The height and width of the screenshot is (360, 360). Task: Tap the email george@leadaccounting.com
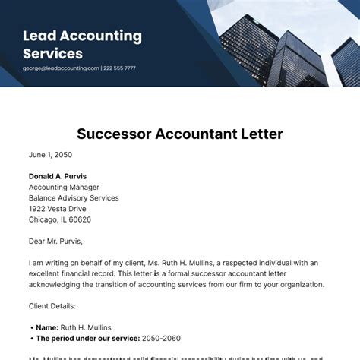click(x=62, y=68)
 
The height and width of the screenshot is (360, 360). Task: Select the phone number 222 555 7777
click(x=120, y=68)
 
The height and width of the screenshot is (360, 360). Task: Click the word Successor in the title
click(x=115, y=134)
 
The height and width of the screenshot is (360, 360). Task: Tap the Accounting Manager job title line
click(x=64, y=188)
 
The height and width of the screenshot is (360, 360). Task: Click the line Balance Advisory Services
click(x=74, y=198)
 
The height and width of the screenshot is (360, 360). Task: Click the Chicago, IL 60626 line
click(x=60, y=219)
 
